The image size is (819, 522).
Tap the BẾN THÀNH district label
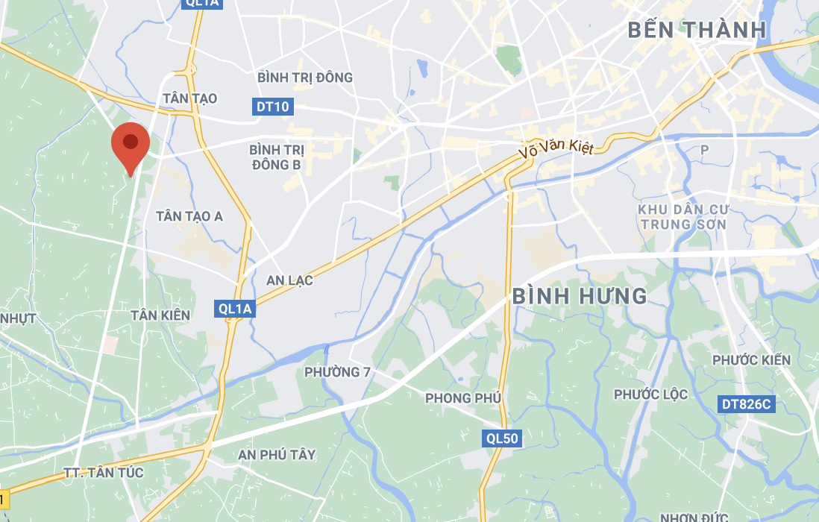click(x=697, y=30)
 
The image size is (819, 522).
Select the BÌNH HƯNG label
click(x=580, y=296)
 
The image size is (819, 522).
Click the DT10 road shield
click(x=272, y=107)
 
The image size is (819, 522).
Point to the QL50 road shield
click(x=501, y=438)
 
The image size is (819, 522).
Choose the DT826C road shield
click(x=747, y=405)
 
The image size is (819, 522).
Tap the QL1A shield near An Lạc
click(x=235, y=309)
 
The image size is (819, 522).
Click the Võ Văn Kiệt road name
click(x=556, y=148)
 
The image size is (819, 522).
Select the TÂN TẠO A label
click(x=189, y=216)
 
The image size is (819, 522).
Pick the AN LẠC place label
click(x=289, y=281)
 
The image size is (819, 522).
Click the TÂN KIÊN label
click(x=160, y=315)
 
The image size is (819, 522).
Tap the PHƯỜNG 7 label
click(x=338, y=372)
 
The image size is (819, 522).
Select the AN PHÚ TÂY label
click(x=277, y=455)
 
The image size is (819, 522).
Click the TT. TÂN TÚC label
click(x=104, y=473)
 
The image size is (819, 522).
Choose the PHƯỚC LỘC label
click(x=651, y=394)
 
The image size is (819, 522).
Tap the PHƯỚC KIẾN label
click(x=751, y=361)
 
